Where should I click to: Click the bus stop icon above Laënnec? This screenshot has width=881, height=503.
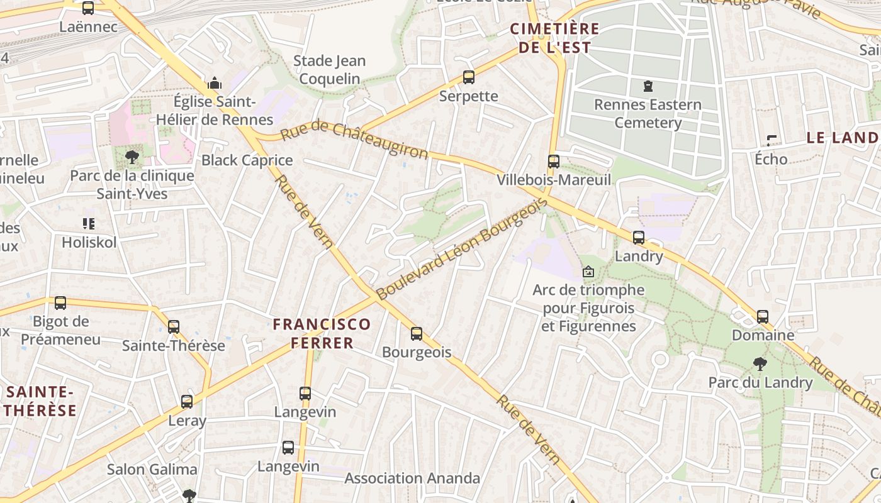[88, 8]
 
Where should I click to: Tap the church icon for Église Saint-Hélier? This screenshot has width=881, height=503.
[214, 83]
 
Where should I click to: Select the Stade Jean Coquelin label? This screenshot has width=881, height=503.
[329, 70]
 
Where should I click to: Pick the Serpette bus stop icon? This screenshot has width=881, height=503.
[468, 77]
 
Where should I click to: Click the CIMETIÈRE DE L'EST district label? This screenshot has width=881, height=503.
[554, 38]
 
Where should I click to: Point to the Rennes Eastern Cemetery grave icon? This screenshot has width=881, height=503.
[648, 86]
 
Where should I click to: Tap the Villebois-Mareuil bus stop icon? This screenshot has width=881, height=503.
[554, 162]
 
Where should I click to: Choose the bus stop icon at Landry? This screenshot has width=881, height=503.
[639, 238]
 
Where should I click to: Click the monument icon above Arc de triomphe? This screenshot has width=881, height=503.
[588, 272]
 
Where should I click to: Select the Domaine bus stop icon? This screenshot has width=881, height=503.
[763, 316]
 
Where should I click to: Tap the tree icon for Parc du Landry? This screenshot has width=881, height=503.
[760, 363]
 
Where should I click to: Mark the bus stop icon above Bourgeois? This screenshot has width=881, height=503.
[417, 334]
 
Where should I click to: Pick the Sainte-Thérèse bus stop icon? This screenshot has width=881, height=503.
[174, 327]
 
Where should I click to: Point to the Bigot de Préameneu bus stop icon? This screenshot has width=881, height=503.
[60, 303]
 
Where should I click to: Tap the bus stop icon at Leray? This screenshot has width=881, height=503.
[187, 402]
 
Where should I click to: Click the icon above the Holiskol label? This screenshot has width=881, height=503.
[89, 223]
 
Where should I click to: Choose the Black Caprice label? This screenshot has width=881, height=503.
[247, 160]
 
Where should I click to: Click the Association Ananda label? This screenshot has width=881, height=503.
[412, 478]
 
